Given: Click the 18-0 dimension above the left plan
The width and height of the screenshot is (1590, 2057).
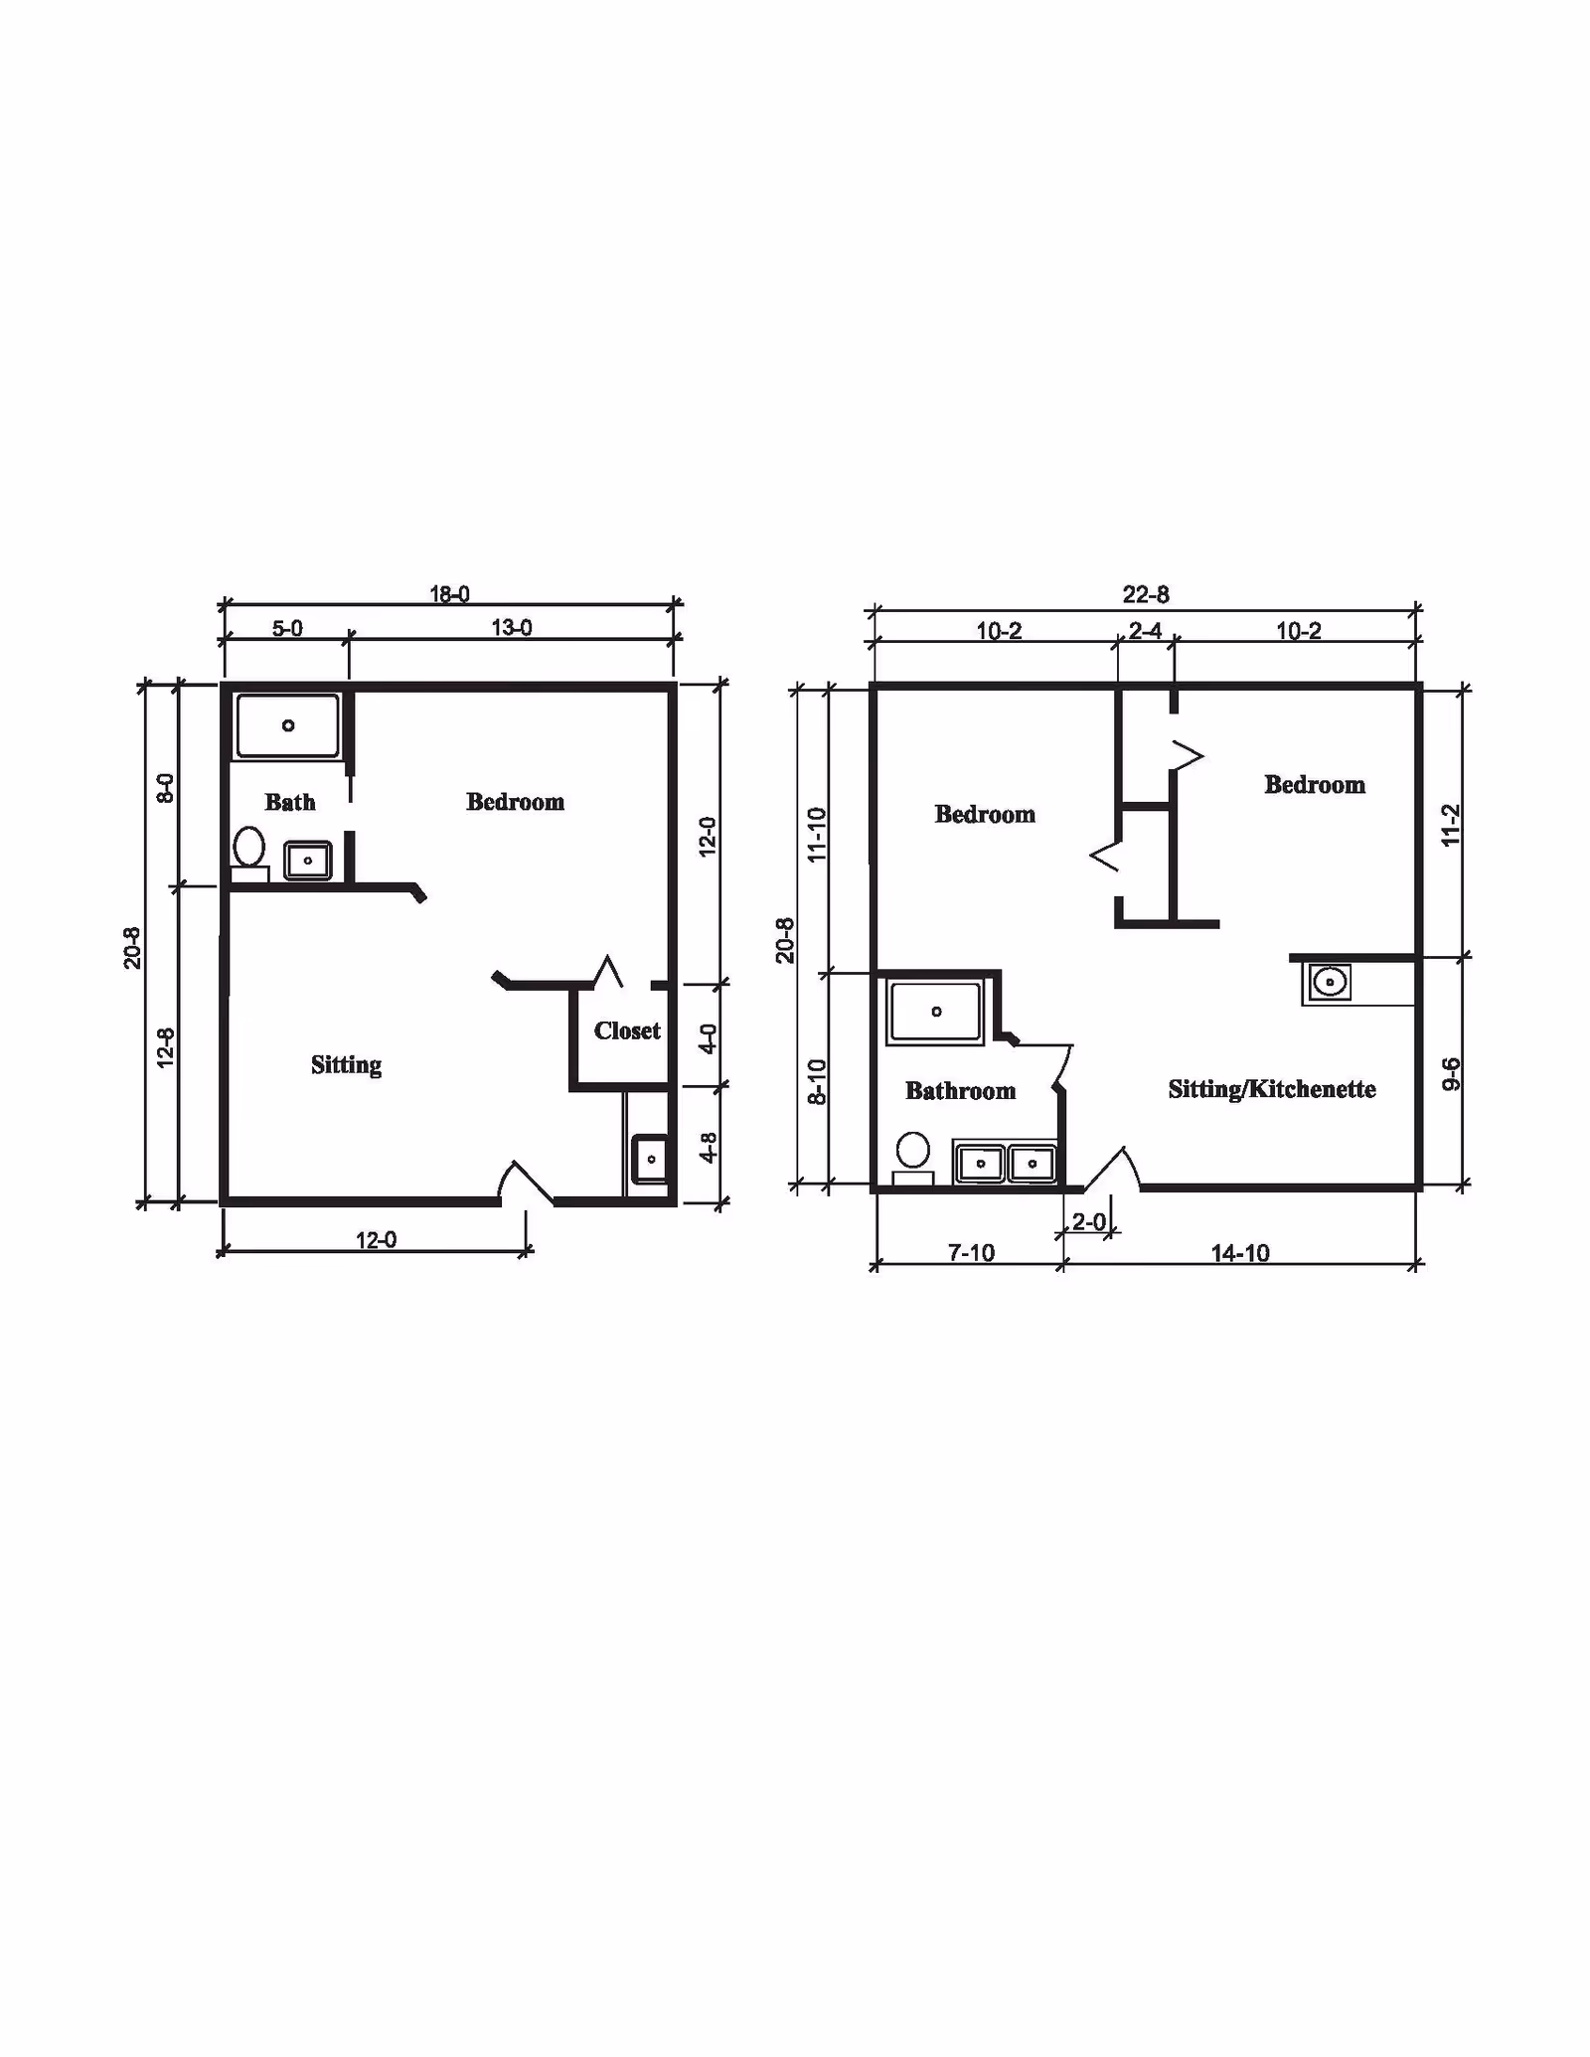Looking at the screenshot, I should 449,594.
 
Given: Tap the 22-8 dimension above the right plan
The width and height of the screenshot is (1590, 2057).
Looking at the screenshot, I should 1146,594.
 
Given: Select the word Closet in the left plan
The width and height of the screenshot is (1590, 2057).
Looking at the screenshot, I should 627,1030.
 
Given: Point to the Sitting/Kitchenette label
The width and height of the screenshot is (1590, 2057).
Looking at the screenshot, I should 1272,1089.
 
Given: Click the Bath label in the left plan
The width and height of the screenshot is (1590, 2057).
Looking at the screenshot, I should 290,802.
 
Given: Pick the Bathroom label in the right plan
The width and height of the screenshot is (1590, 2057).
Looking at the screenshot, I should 960,1091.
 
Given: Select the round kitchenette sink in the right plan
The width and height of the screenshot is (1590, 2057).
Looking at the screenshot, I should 1329,983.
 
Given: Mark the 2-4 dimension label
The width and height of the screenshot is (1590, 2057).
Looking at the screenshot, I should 1145,631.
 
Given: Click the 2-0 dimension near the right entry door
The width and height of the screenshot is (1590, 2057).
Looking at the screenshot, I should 1088,1221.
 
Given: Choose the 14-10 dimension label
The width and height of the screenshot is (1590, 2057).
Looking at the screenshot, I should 1240,1253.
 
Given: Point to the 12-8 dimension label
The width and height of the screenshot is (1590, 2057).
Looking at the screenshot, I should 165,1047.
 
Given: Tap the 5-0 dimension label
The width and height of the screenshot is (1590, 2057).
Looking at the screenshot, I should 287,628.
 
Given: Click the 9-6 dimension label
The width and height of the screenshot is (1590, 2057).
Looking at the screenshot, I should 1451,1074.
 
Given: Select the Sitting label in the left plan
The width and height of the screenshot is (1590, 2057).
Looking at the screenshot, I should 346,1065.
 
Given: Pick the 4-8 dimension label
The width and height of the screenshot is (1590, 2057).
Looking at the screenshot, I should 708,1148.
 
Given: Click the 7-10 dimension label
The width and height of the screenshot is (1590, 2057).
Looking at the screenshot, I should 971,1253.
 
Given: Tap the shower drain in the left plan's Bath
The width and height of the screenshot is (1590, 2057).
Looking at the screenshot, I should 288,725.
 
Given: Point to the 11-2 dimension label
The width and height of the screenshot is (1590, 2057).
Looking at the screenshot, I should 1451,825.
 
